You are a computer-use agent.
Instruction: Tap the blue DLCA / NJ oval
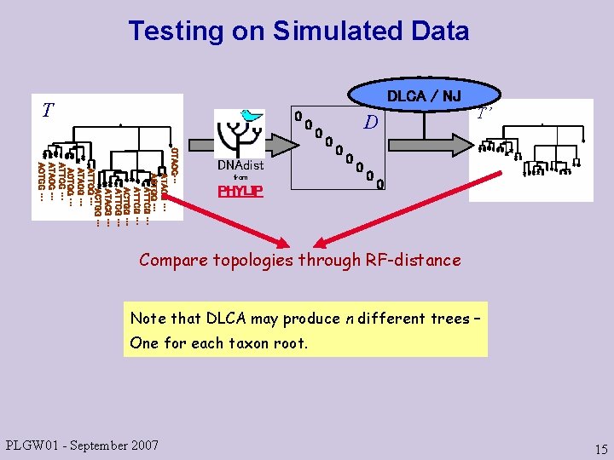[424, 95]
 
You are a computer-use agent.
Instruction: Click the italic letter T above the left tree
[49, 110]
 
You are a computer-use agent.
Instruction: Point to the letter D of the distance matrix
[370, 124]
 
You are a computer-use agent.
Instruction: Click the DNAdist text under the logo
[240, 165]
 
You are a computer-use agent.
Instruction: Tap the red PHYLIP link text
[240, 191]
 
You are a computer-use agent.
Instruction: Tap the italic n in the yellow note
[350, 319]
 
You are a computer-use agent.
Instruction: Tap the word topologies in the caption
[252, 260]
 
